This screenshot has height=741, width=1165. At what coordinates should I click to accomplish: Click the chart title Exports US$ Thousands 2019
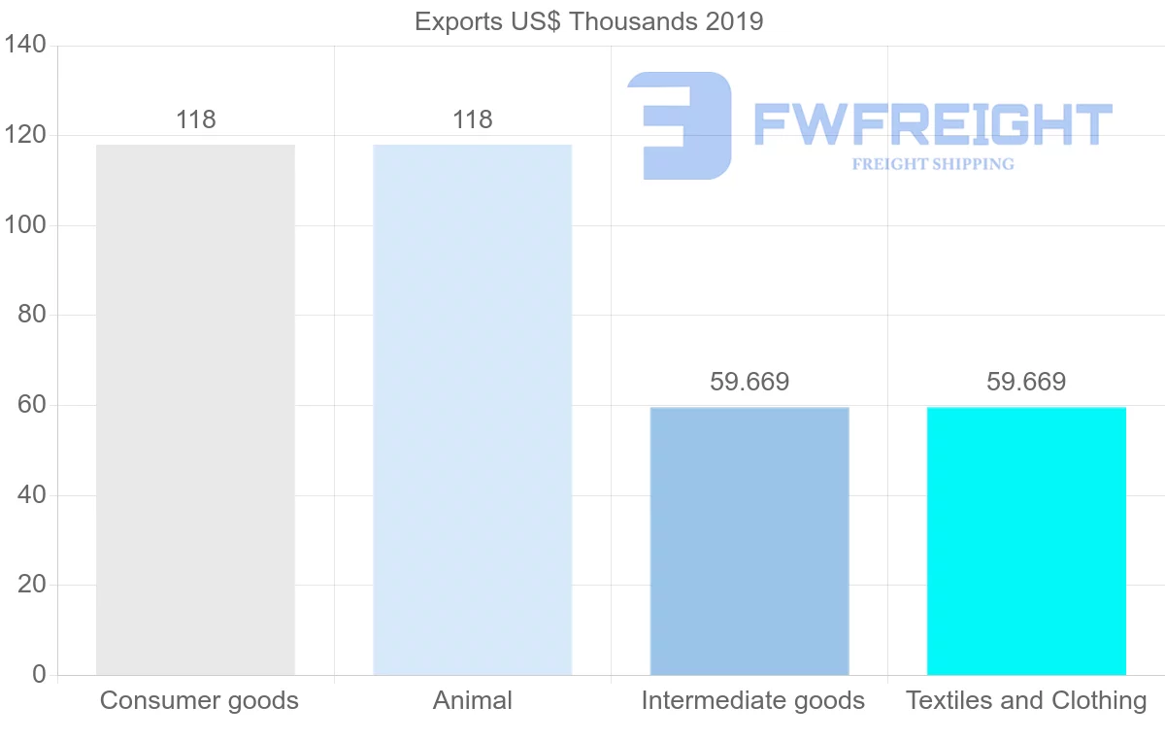click(588, 21)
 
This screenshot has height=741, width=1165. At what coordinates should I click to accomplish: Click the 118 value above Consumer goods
click(196, 120)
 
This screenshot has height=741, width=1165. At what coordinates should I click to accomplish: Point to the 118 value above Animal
click(473, 120)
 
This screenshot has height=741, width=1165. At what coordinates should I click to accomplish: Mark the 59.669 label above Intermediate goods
click(749, 383)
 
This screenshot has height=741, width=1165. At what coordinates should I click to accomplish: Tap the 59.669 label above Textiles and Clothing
click(1026, 383)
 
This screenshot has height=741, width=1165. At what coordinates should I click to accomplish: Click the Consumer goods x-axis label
click(199, 700)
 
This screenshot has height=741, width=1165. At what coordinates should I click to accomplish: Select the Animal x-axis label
click(473, 700)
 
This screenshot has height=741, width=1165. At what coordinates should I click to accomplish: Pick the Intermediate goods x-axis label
click(752, 700)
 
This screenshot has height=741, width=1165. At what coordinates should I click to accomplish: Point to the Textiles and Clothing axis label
click(1026, 700)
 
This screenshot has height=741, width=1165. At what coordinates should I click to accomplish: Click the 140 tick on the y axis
click(23, 46)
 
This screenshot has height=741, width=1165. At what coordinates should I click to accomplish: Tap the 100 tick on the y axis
click(23, 225)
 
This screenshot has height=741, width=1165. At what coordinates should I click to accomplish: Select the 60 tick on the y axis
click(32, 405)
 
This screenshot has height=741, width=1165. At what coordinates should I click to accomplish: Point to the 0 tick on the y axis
click(39, 675)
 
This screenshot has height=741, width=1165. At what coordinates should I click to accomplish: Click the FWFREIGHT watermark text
click(932, 124)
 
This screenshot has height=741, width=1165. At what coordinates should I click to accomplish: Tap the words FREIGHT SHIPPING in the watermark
click(933, 164)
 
